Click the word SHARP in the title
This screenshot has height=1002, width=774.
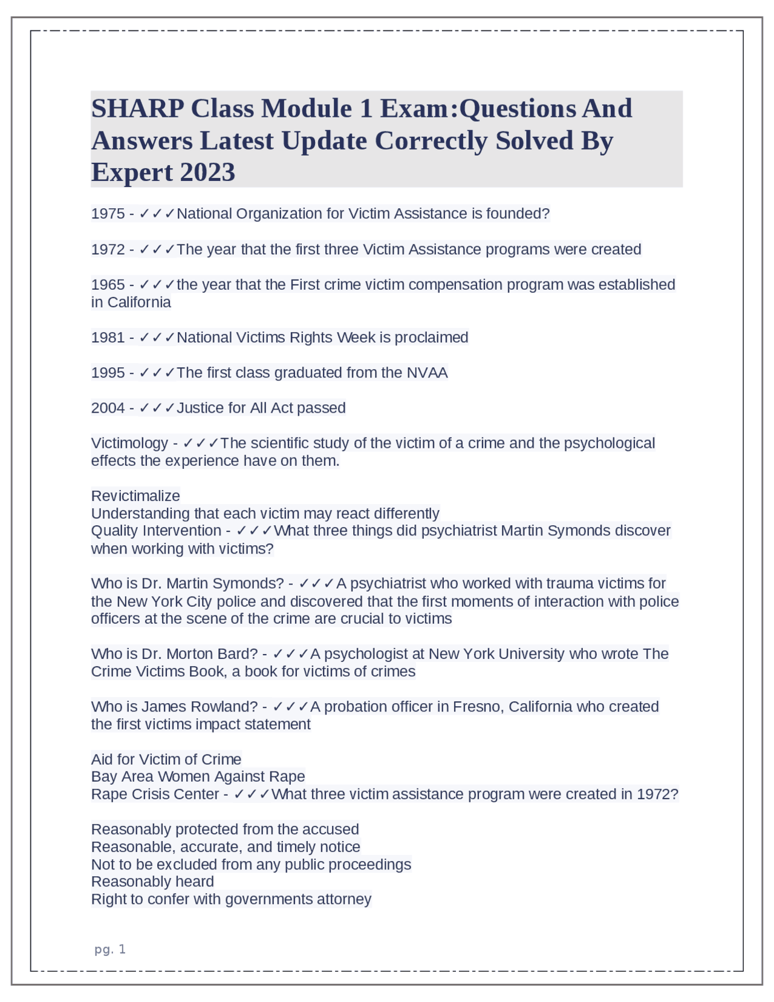point(137,108)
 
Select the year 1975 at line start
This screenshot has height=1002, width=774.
point(108,214)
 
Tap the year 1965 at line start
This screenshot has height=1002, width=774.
point(108,284)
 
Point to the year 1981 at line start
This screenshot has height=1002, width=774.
point(108,338)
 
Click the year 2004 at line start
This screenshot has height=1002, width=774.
point(108,408)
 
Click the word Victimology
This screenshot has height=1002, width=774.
point(129,444)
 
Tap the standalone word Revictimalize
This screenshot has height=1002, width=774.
point(135,496)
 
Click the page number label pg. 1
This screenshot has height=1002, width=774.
point(110,949)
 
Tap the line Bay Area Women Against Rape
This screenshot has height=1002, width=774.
point(198,776)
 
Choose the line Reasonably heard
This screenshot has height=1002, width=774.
point(152,882)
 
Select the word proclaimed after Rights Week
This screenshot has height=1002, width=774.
point(431,338)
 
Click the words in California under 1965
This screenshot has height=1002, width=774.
point(131,302)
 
